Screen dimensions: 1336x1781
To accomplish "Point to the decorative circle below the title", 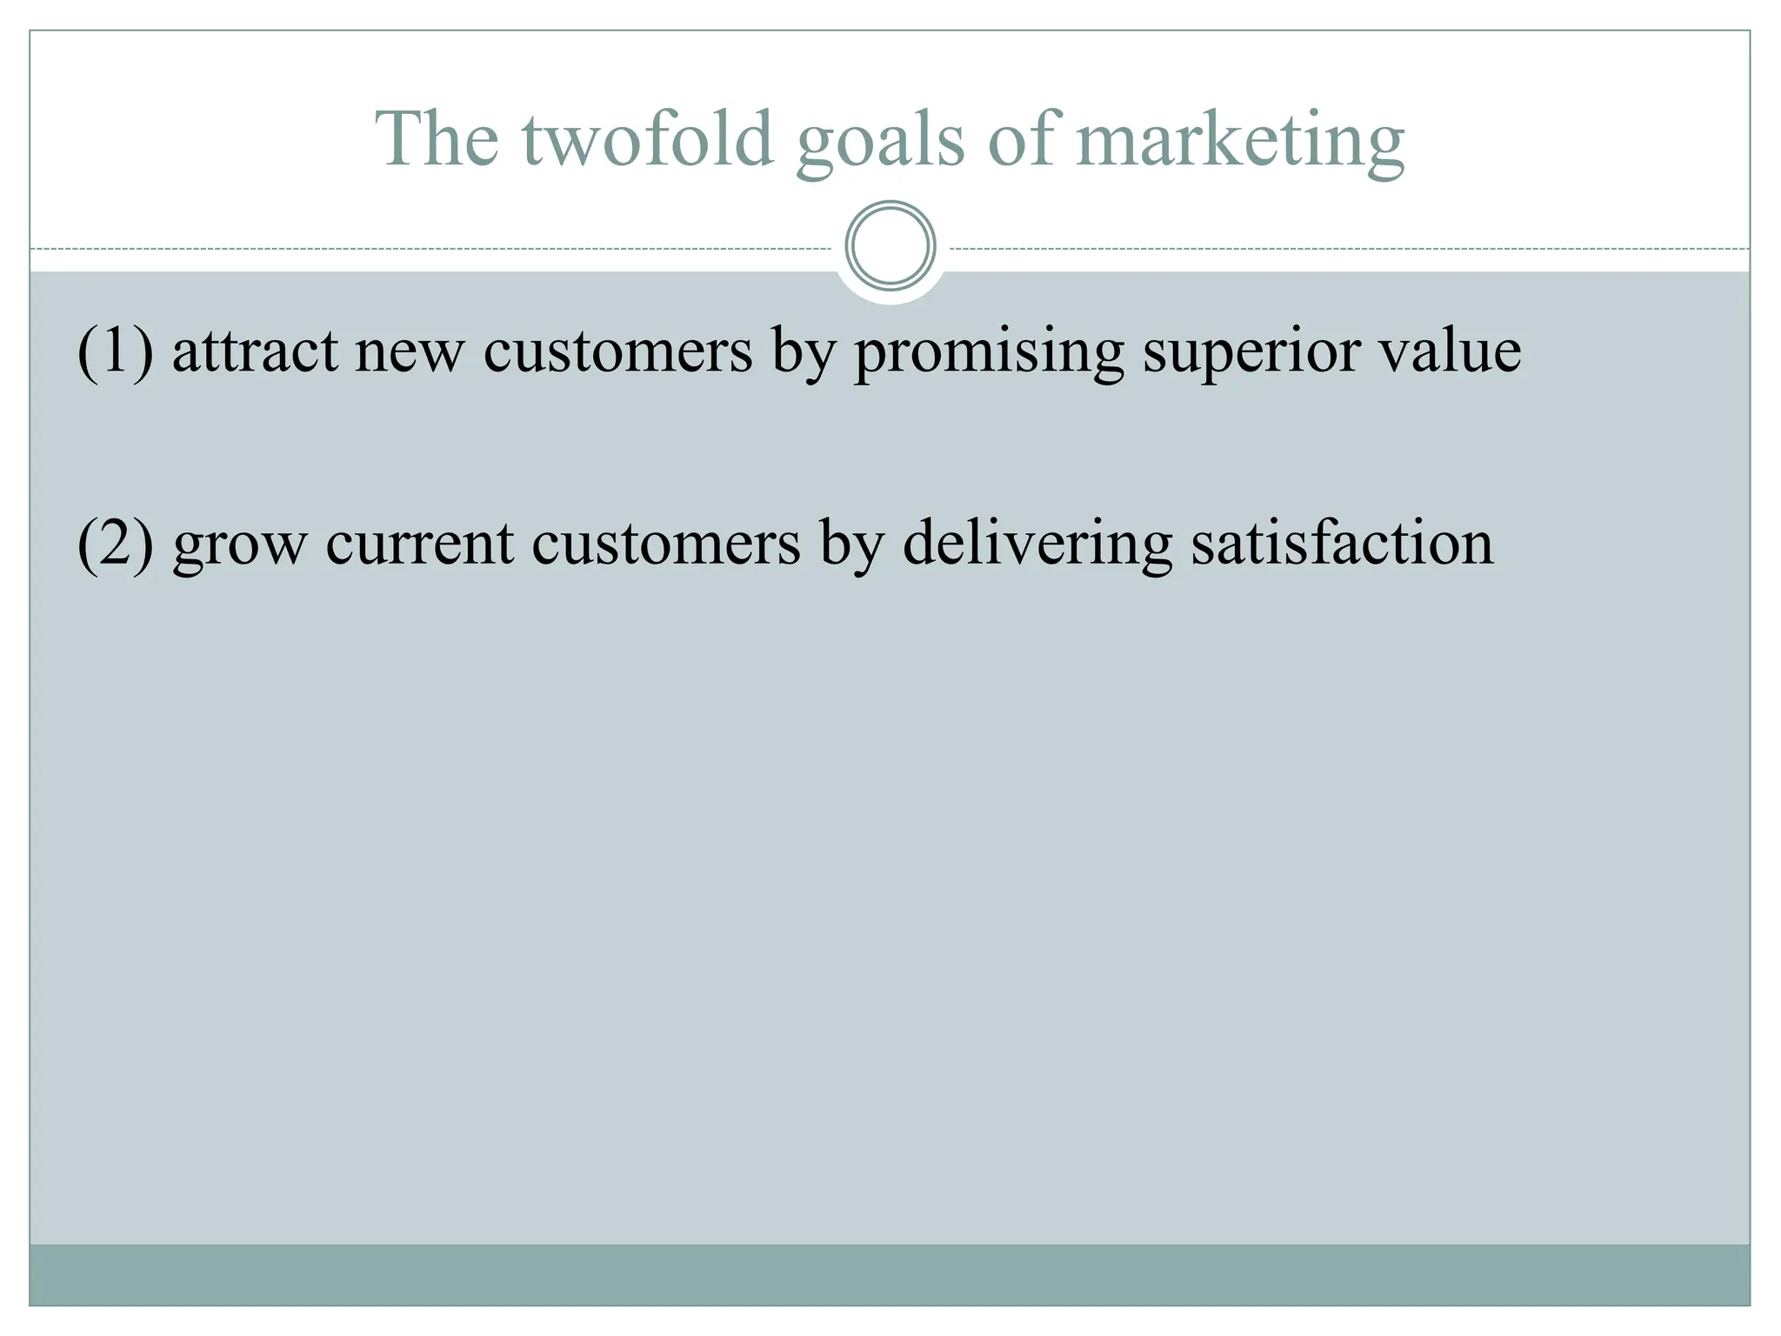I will [890, 245].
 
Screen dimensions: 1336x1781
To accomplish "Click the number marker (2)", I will [116, 544].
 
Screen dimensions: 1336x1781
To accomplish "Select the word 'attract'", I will [255, 352].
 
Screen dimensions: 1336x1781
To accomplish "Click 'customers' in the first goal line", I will [617, 352].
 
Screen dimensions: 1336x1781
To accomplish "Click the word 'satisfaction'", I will [1342, 544].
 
